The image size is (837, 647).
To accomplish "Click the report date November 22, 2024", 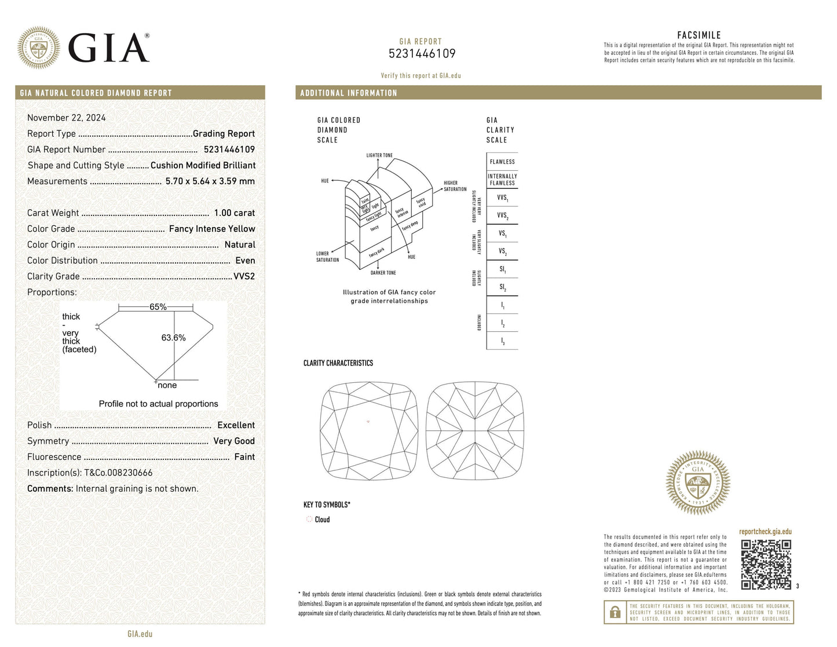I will (x=67, y=118).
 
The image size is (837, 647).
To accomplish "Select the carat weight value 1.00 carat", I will (x=234, y=213).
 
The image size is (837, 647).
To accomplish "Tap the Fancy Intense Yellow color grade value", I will (x=212, y=229).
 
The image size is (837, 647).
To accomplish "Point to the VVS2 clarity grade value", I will (x=244, y=276).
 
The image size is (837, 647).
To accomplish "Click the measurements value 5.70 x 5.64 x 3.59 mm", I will (x=210, y=181).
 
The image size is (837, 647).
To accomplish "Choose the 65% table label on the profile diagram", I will (x=158, y=307).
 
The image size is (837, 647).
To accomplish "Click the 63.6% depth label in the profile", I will (x=173, y=338).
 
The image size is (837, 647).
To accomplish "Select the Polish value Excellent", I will (x=236, y=425).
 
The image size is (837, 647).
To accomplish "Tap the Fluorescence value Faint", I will (x=244, y=457).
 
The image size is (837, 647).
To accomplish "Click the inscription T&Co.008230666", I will (x=118, y=473).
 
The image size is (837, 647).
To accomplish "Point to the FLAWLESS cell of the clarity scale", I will (x=502, y=162).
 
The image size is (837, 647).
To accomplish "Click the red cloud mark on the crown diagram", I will (x=368, y=422).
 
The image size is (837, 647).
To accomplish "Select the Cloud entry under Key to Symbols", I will (x=322, y=520).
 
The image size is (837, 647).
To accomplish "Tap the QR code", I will (x=766, y=564).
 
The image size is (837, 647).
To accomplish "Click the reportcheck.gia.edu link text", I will (x=765, y=532).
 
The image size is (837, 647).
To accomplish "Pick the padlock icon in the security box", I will (x=615, y=612).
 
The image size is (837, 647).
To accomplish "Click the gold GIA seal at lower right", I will (x=698, y=483).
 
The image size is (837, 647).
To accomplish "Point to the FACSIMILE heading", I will (x=699, y=35).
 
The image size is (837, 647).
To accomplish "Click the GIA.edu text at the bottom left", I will (x=140, y=634).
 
